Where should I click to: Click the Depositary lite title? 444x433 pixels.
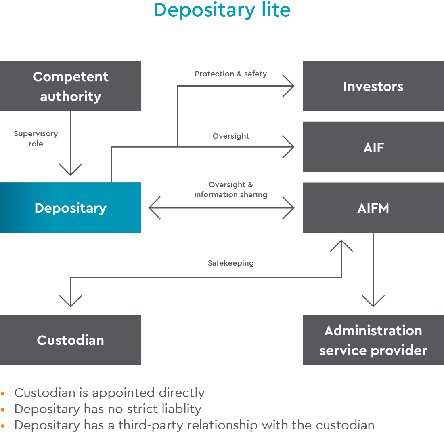[x=222, y=11]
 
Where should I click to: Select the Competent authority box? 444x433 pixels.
[x=71, y=86]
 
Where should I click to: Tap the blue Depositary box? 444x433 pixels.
[x=71, y=208]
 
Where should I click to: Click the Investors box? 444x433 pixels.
[x=373, y=86]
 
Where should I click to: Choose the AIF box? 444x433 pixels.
[x=373, y=147]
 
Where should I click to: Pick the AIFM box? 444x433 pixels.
[x=373, y=208]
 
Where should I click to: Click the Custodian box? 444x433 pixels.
[x=71, y=340]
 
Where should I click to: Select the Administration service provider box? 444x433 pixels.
[x=373, y=340]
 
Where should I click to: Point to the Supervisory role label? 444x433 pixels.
[x=36, y=138]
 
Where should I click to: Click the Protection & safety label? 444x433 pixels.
[x=230, y=74]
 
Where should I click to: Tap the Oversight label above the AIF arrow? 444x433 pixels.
[x=230, y=136]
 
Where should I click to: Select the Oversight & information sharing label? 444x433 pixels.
[x=230, y=190]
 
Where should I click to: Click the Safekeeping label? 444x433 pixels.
[x=230, y=263]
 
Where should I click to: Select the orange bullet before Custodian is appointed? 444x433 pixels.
[x=3, y=393]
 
